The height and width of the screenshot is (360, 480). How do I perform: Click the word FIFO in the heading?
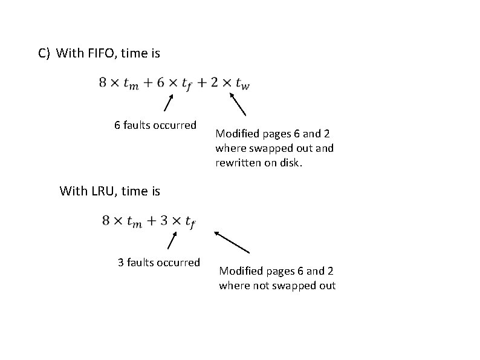point(103,53)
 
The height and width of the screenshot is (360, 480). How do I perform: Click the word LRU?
point(103,191)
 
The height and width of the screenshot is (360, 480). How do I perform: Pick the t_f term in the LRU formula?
point(189,222)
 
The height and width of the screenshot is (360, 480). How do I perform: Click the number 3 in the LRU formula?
point(163,221)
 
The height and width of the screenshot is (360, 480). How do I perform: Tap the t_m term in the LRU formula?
point(134,222)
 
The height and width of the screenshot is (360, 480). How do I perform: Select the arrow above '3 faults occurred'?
point(171,240)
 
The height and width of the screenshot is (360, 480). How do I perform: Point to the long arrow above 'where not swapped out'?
point(232,242)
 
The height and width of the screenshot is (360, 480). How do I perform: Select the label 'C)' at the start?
point(44,53)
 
